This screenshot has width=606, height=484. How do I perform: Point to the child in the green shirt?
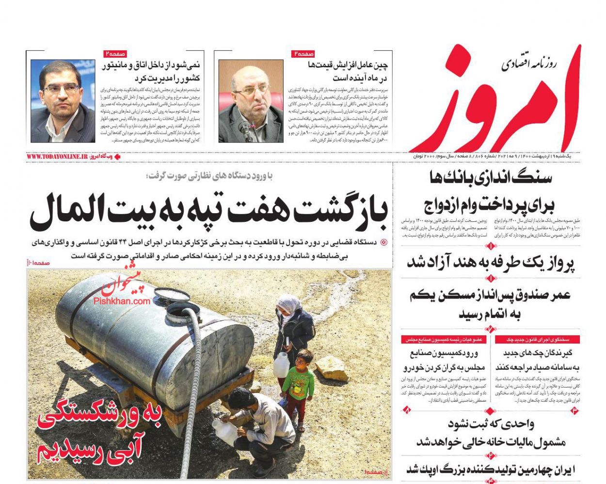point(297,383)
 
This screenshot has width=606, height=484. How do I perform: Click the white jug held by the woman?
point(281,364)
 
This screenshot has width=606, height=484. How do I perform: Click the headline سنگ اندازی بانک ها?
point(490,178)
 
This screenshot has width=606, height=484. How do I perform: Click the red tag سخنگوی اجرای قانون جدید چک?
point(538,340)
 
